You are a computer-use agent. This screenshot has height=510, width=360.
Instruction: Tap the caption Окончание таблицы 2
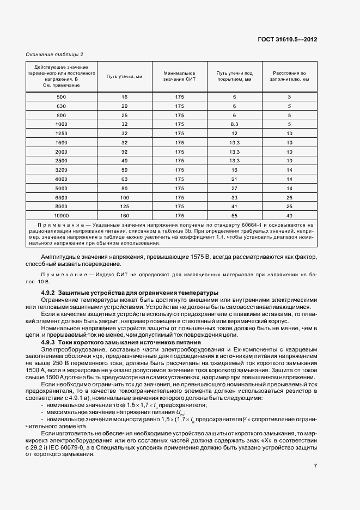coord(54,54)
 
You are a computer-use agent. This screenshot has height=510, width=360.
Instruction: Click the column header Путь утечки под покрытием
coord(234,76)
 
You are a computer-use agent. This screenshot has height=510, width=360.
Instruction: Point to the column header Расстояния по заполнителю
coord(290,76)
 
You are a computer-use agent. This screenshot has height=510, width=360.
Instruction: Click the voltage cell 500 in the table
coord(61,96)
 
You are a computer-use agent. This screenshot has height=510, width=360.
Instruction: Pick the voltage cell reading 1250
coord(61,133)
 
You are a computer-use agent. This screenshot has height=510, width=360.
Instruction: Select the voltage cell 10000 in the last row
coord(61,216)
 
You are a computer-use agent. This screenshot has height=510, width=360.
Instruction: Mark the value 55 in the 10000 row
coord(235,216)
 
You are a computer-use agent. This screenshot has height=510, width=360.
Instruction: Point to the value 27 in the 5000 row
coord(235,188)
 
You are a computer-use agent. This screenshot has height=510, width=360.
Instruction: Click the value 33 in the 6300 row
coord(235,197)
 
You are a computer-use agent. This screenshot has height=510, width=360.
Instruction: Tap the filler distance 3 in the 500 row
coord(290,96)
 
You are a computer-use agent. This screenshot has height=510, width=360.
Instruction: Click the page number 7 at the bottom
coord(315,465)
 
